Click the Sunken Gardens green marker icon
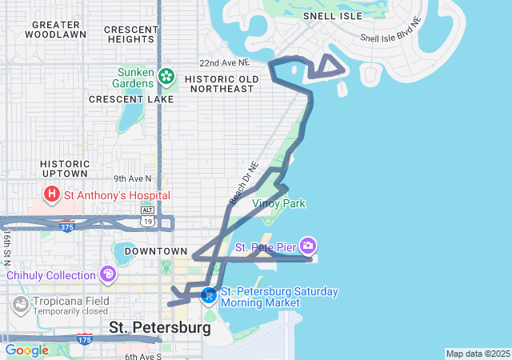166,77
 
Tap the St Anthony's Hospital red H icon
52,194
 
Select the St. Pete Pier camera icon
308,245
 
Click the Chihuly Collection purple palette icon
108,275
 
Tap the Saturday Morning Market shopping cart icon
209,296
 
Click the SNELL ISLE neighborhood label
332,15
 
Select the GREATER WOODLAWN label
56,30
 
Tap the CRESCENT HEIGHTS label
130,34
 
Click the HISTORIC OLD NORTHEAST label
222,84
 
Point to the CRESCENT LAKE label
131,99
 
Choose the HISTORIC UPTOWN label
64,169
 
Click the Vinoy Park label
278,204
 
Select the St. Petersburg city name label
160,327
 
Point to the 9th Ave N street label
132,178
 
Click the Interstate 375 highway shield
66,226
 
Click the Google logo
26,350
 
